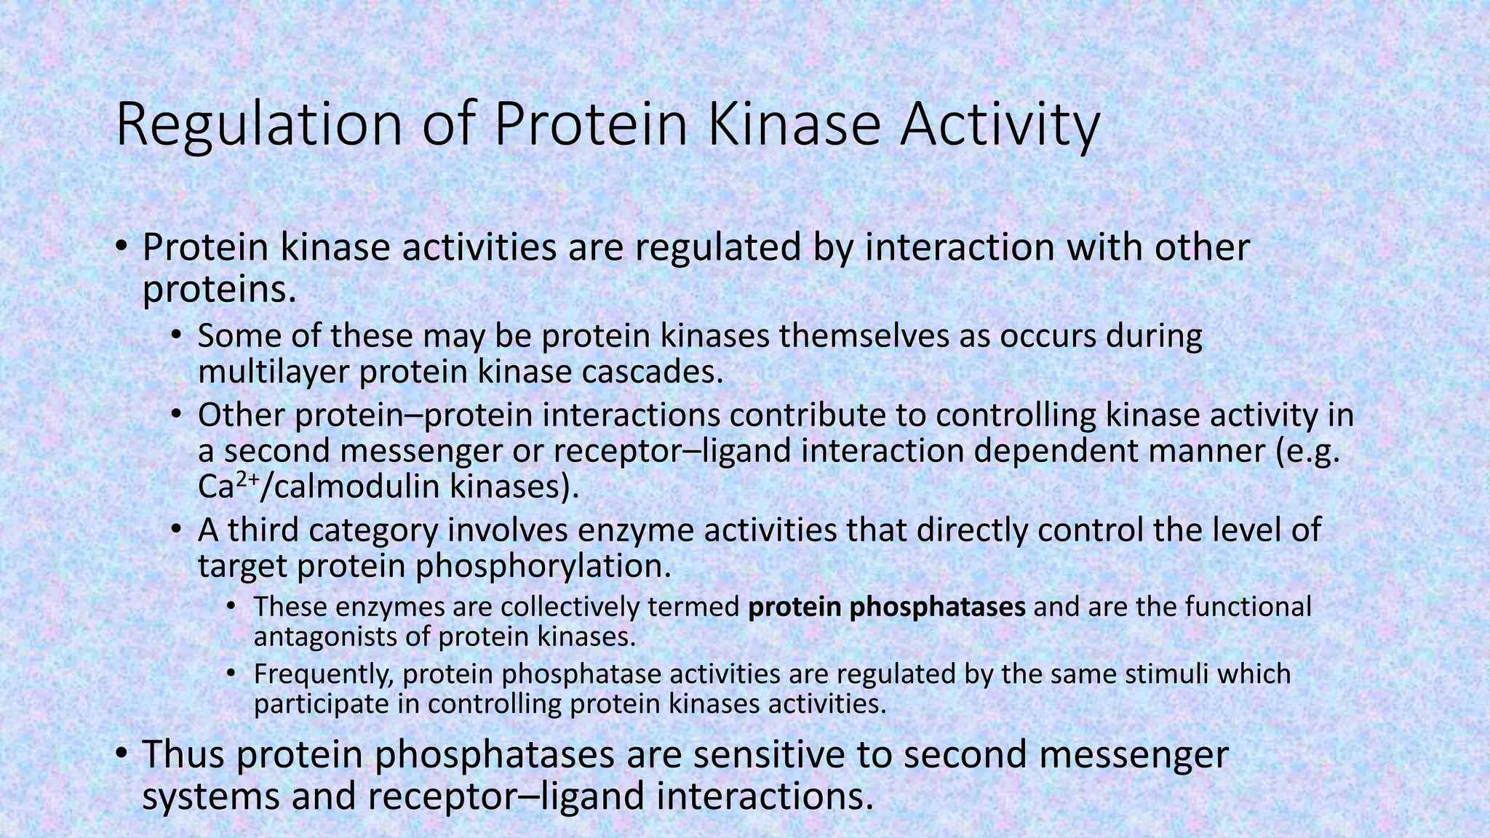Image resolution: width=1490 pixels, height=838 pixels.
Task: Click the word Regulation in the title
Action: click(258, 125)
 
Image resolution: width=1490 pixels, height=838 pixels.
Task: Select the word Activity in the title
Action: click(1000, 125)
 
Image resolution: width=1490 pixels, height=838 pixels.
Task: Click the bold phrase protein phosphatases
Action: click(887, 606)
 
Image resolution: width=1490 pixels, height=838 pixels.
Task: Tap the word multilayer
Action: click(274, 372)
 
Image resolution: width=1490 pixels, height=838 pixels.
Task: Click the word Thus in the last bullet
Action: click(183, 754)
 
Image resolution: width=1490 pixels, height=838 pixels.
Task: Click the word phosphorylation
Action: click(543, 566)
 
